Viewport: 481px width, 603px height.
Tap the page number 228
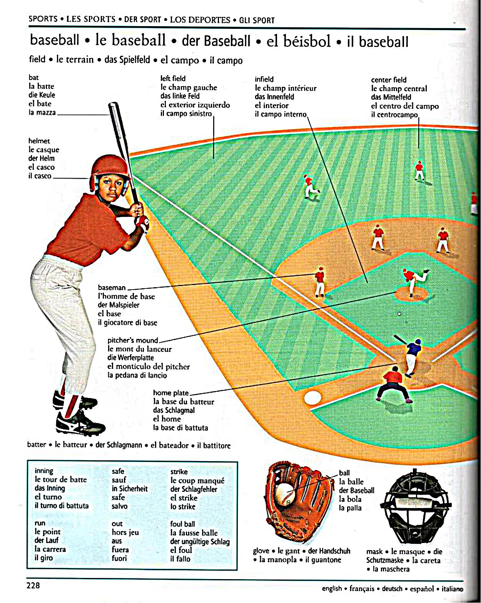(33, 585)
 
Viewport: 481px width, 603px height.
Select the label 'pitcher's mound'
(133, 340)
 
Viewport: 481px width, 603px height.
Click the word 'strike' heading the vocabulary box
(179, 472)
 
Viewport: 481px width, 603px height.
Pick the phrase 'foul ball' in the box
(182, 524)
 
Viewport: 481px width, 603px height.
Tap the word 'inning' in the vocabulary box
(44, 471)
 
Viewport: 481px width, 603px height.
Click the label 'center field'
(389, 80)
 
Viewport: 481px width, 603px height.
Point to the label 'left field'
(173, 78)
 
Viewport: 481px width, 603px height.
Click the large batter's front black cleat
(80, 423)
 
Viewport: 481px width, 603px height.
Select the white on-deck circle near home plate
(312, 398)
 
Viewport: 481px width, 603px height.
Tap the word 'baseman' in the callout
(112, 288)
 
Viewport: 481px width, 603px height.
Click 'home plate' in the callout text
(171, 393)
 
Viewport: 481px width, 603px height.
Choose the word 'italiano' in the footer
(452, 589)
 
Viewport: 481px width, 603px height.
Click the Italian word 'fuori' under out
(119, 558)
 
